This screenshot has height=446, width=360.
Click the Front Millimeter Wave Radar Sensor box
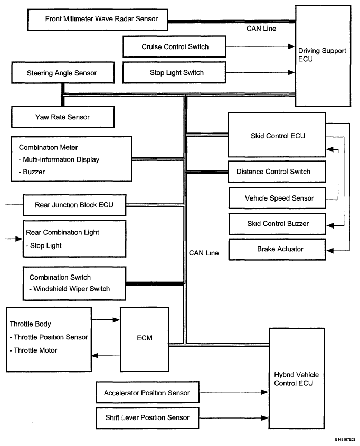(x=98, y=20)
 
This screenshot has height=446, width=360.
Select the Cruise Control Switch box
(x=174, y=46)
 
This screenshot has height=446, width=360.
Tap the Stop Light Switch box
(x=174, y=73)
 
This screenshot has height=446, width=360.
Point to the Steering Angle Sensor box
(x=63, y=73)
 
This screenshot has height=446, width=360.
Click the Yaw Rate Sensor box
(x=63, y=117)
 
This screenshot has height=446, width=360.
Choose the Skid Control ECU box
(x=277, y=135)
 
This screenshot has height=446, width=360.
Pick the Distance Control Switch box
(x=277, y=172)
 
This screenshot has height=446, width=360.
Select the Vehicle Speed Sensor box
(x=277, y=198)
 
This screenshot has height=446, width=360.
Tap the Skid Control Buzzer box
(x=277, y=224)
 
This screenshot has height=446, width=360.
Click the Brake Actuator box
(x=277, y=250)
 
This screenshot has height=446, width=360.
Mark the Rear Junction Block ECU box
(x=74, y=205)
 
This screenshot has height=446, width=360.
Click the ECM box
(x=145, y=339)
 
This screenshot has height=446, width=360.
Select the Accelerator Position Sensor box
(x=148, y=392)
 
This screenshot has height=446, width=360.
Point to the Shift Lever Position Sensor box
(x=148, y=418)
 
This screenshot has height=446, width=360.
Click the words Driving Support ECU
(x=322, y=54)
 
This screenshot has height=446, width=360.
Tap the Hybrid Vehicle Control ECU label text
(x=296, y=379)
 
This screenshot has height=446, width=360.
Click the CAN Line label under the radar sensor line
(x=261, y=29)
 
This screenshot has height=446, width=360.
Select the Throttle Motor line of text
(x=33, y=350)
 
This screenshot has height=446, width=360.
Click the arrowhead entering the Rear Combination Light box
(x=19, y=239)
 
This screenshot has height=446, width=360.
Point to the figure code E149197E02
(x=345, y=440)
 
